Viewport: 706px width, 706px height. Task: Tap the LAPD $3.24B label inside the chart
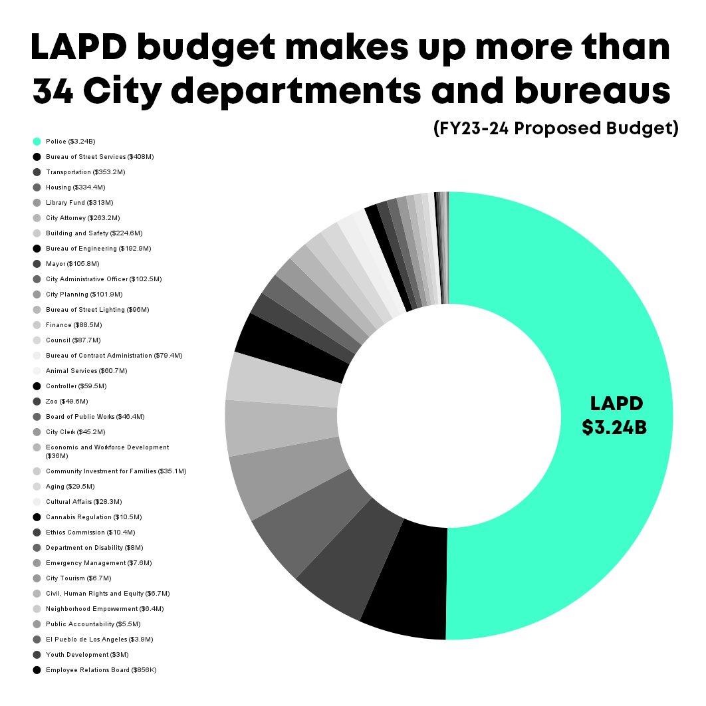pyautogui.click(x=614, y=415)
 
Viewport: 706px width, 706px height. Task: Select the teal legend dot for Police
pyautogui.click(x=37, y=141)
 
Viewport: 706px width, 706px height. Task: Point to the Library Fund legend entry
pyautogui.click(x=79, y=203)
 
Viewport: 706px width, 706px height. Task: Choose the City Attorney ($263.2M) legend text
pyautogui.click(x=82, y=218)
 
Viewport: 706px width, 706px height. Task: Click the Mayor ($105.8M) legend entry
pyautogui.click(x=73, y=264)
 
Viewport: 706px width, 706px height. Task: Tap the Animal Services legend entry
pyautogui.click(x=86, y=371)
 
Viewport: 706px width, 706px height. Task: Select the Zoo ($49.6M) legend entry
pyautogui.click(x=66, y=402)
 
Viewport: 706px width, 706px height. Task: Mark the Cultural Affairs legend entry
pyautogui.click(x=84, y=502)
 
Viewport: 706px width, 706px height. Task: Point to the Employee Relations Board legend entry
pyautogui.click(x=101, y=670)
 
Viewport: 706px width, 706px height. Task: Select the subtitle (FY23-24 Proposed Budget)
pyautogui.click(x=555, y=128)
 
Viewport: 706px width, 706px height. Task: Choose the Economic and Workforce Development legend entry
pyautogui.click(x=107, y=451)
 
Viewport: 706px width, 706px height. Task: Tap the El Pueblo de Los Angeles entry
pyautogui.click(x=100, y=640)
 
